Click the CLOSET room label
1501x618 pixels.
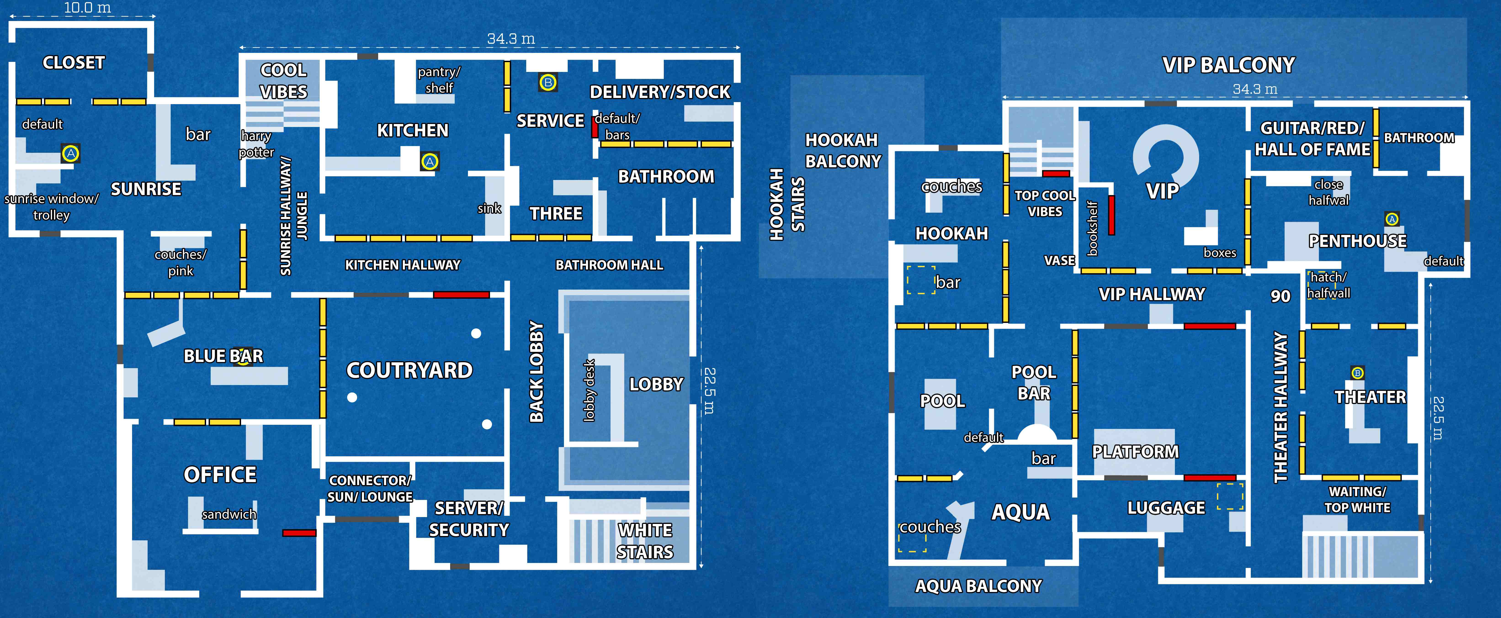[74, 62]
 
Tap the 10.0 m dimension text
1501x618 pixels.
[88, 8]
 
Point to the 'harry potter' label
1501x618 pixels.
[256, 144]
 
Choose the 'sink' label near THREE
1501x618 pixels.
[489, 208]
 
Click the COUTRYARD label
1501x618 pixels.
[410, 370]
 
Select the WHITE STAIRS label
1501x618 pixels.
[645, 541]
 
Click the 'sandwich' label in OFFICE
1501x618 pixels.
[229, 514]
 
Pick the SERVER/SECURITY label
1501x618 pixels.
[469, 519]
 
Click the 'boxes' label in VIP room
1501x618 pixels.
[1220, 253]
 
